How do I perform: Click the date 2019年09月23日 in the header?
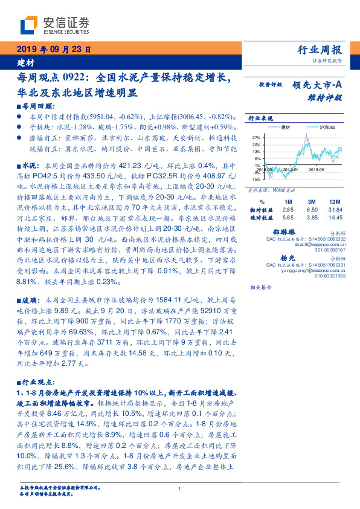point(53,50)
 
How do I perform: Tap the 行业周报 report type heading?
point(320,50)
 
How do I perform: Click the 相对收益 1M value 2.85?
point(288,209)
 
